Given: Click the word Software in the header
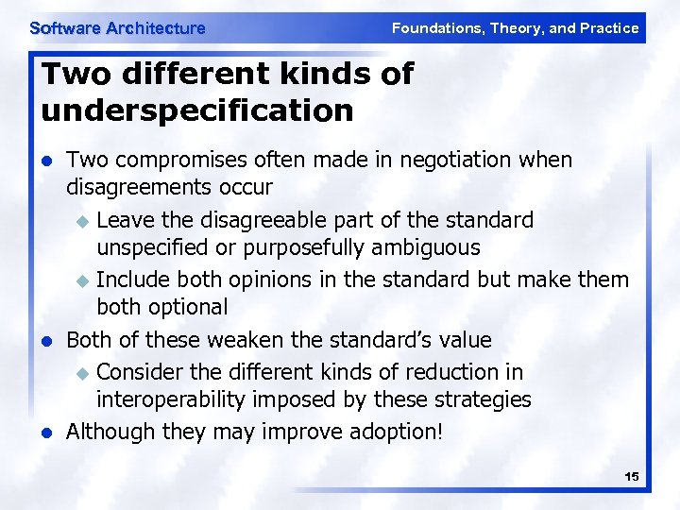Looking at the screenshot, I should point(64,28).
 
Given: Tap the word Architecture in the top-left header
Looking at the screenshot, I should point(155,28).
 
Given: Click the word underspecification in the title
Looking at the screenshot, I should point(197,110).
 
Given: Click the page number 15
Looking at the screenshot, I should point(631,477).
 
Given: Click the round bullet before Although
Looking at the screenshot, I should point(48,433).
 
